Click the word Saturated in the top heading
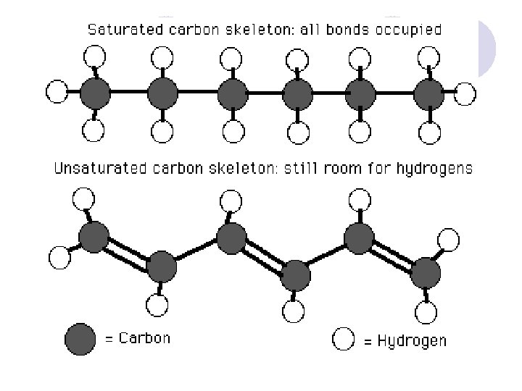(x=118, y=30)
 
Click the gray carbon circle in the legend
(x=80, y=338)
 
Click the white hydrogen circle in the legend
(x=342, y=338)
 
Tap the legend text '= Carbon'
(x=138, y=338)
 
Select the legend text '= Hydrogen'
(x=402, y=340)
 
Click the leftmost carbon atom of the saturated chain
(x=94, y=93)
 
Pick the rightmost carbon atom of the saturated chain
(x=428, y=93)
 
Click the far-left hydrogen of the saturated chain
(x=57, y=92)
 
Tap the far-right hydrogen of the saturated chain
(x=465, y=93)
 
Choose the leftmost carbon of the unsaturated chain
(x=94, y=237)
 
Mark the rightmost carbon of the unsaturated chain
(x=426, y=273)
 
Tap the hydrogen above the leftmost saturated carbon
(x=94, y=55)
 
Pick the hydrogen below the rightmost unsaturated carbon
(x=426, y=312)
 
